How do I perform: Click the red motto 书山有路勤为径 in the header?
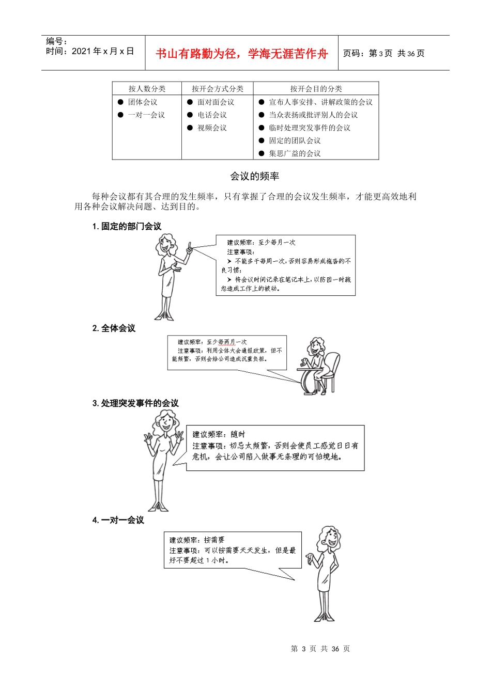(241, 54)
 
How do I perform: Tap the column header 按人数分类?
(147, 89)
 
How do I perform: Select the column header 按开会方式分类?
(217, 89)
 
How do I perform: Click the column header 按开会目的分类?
(316, 89)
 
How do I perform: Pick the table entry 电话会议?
(212, 115)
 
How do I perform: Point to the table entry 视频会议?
(212, 128)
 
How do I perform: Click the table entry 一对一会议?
(146, 115)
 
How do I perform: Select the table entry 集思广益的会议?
(295, 153)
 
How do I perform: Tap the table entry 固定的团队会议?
(295, 140)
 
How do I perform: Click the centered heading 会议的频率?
(254, 177)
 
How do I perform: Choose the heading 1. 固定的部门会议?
(127, 226)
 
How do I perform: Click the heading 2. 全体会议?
(114, 328)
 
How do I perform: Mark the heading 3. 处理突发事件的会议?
(135, 403)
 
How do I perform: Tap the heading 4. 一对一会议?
(118, 520)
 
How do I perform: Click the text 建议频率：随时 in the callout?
(219, 434)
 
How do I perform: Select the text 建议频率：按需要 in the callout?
(197, 540)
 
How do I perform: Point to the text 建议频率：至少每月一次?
(261, 242)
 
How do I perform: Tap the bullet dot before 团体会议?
(120, 102)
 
